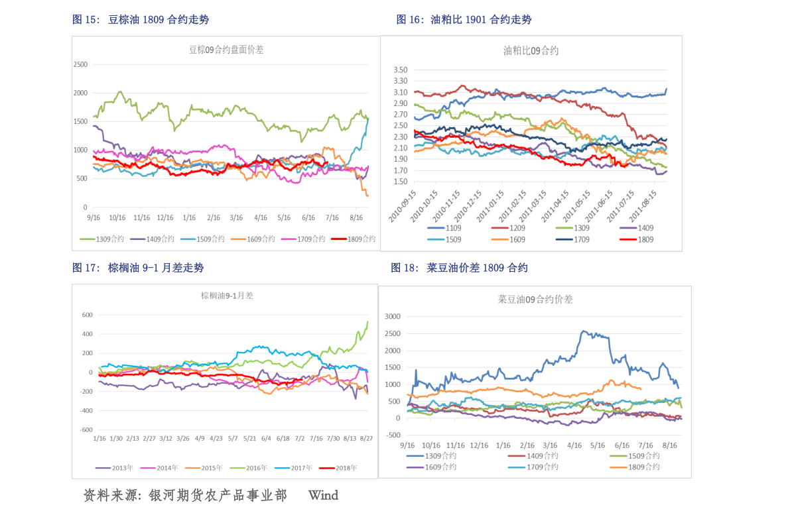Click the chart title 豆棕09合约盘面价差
[x=226, y=50]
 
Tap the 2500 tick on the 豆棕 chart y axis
[x=80, y=64]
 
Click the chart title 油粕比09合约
[x=531, y=50]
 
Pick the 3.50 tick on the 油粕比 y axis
[x=399, y=70]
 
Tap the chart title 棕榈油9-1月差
[x=227, y=296]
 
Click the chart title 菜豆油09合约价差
[x=535, y=300]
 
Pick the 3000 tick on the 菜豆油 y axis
[x=393, y=317]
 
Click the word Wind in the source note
[x=323, y=495]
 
